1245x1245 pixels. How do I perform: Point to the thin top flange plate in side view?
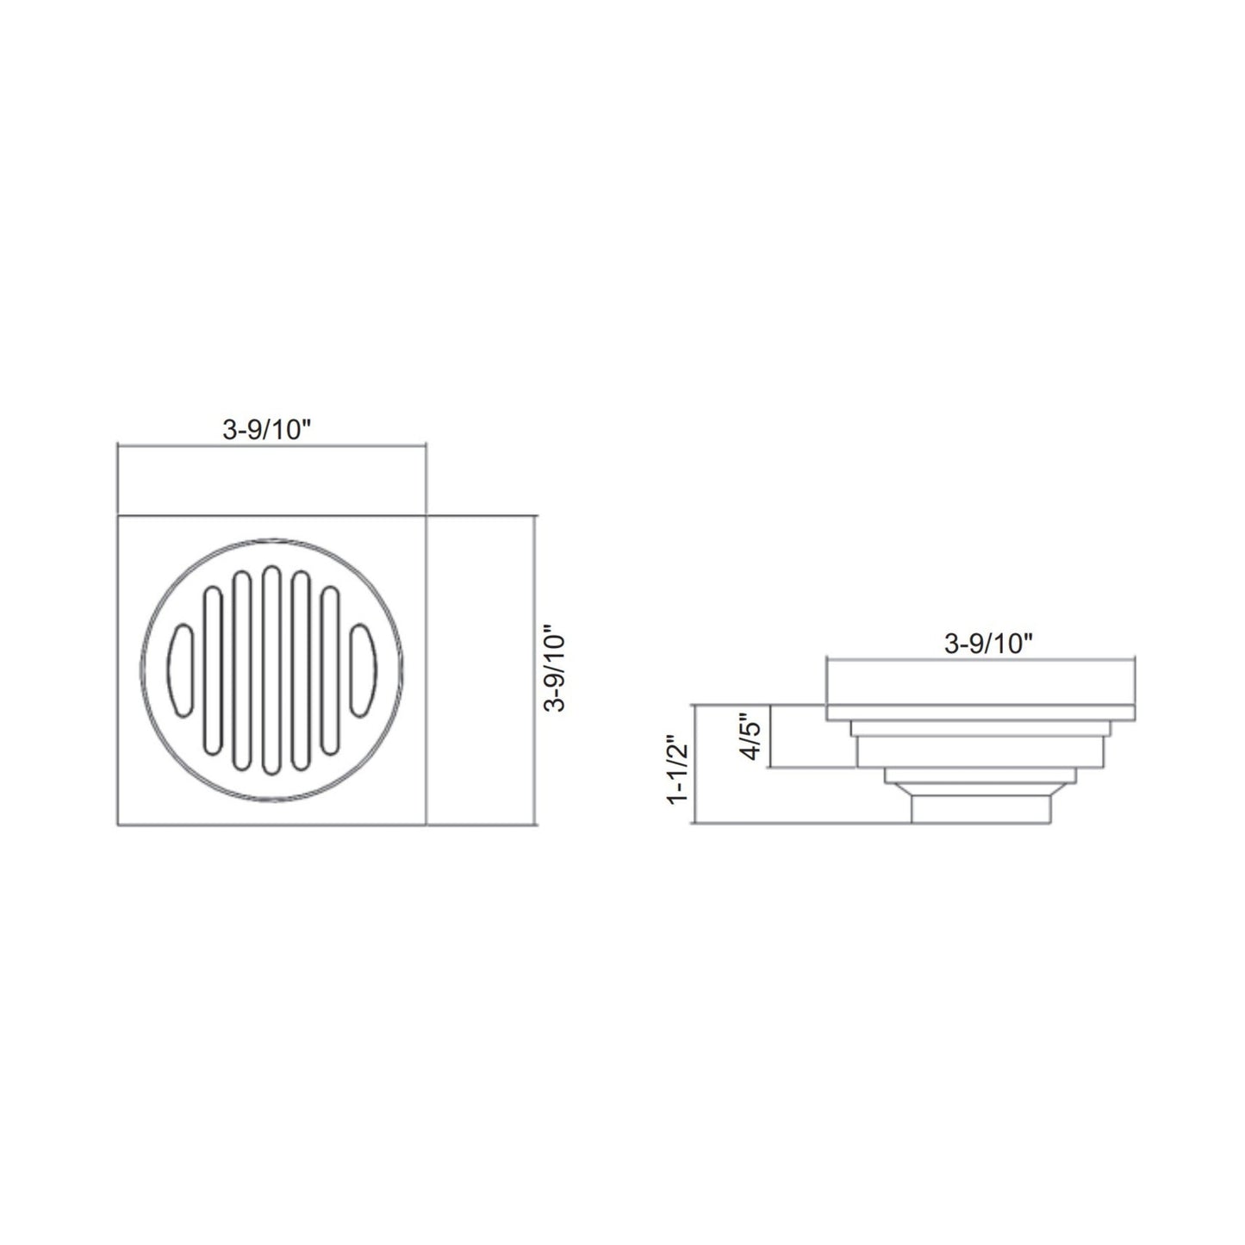pyautogui.click(x=980, y=712)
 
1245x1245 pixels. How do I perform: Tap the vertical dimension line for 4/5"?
pyautogui.click(x=771, y=735)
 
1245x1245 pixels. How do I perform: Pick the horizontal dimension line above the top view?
pyautogui.click(x=271, y=446)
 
